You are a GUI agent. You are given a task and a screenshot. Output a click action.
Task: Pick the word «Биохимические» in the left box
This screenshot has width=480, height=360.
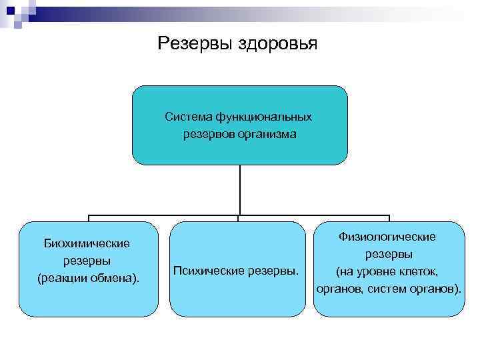[87, 243]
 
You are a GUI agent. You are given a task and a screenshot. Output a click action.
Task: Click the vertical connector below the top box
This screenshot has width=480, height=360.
[239, 190]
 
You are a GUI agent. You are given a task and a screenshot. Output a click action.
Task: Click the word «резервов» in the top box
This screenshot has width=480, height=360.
[209, 134]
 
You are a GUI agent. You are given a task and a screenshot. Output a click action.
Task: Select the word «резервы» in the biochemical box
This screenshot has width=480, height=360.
[87, 260]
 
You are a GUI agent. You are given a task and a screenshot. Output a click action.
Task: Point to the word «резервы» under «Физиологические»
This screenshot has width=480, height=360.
[388, 254]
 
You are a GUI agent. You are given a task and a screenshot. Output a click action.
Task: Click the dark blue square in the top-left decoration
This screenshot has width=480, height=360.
[11, 10]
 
